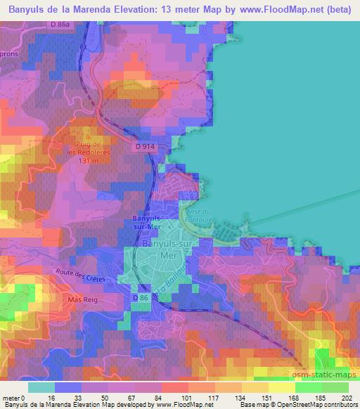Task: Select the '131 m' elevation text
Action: tap(91, 160)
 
